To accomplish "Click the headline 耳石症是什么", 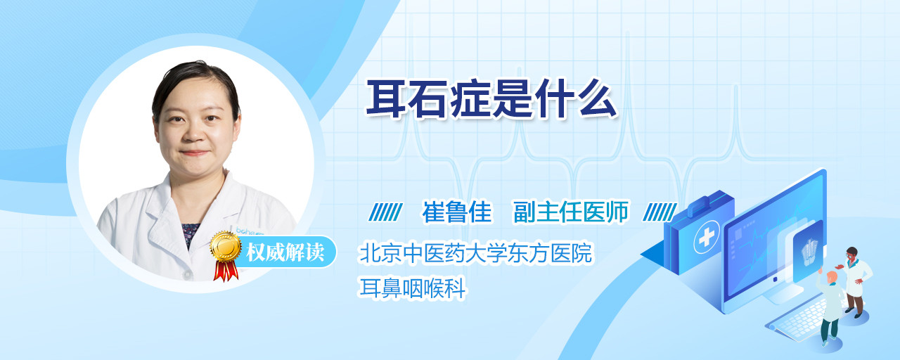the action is tap(491, 99).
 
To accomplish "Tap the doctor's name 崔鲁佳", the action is tap(457, 212).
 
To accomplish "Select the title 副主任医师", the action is tap(571, 212).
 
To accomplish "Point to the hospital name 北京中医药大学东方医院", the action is tap(476, 252).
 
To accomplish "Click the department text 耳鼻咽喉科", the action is tap(412, 288).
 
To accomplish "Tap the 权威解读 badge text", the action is tap(285, 252).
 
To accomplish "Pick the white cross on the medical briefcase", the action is tap(707, 238).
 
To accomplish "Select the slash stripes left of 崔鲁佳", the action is tap(385, 212).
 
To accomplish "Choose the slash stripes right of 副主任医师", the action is tap(660, 212).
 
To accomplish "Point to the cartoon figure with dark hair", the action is tap(854, 282).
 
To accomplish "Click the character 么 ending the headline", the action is tap(597, 99).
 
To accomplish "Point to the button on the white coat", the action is tap(187, 274).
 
